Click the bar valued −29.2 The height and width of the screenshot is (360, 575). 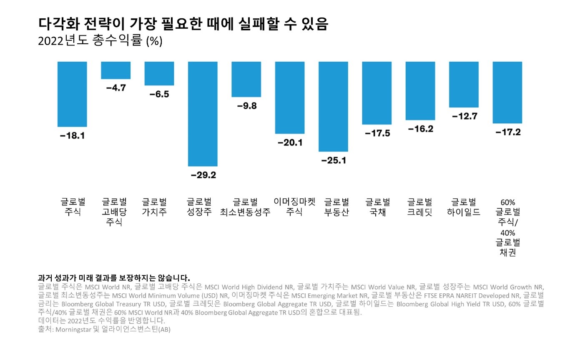(x=203, y=114)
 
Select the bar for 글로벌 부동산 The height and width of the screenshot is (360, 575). (x=333, y=106)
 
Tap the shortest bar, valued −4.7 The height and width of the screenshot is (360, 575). (x=116, y=70)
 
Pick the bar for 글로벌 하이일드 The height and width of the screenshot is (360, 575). (x=464, y=84)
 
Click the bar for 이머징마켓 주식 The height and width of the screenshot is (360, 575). (x=290, y=97)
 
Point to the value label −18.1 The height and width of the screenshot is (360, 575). (x=72, y=136)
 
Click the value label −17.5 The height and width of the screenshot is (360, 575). (x=377, y=133)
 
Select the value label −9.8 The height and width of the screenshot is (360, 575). (x=246, y=106)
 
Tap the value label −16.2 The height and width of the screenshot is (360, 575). (x=420, y=129)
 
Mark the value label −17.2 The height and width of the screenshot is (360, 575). (x=507, y=132)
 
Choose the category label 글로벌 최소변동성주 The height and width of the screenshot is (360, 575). (x=245, y=207)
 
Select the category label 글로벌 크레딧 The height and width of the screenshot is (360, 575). (x=420, y=207)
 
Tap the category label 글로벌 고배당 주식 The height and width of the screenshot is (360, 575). (x=114, y=212)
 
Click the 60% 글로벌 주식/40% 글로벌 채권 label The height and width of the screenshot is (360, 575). (x=508, y=227)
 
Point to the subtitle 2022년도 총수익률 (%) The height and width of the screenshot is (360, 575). (x=100, y=41)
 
